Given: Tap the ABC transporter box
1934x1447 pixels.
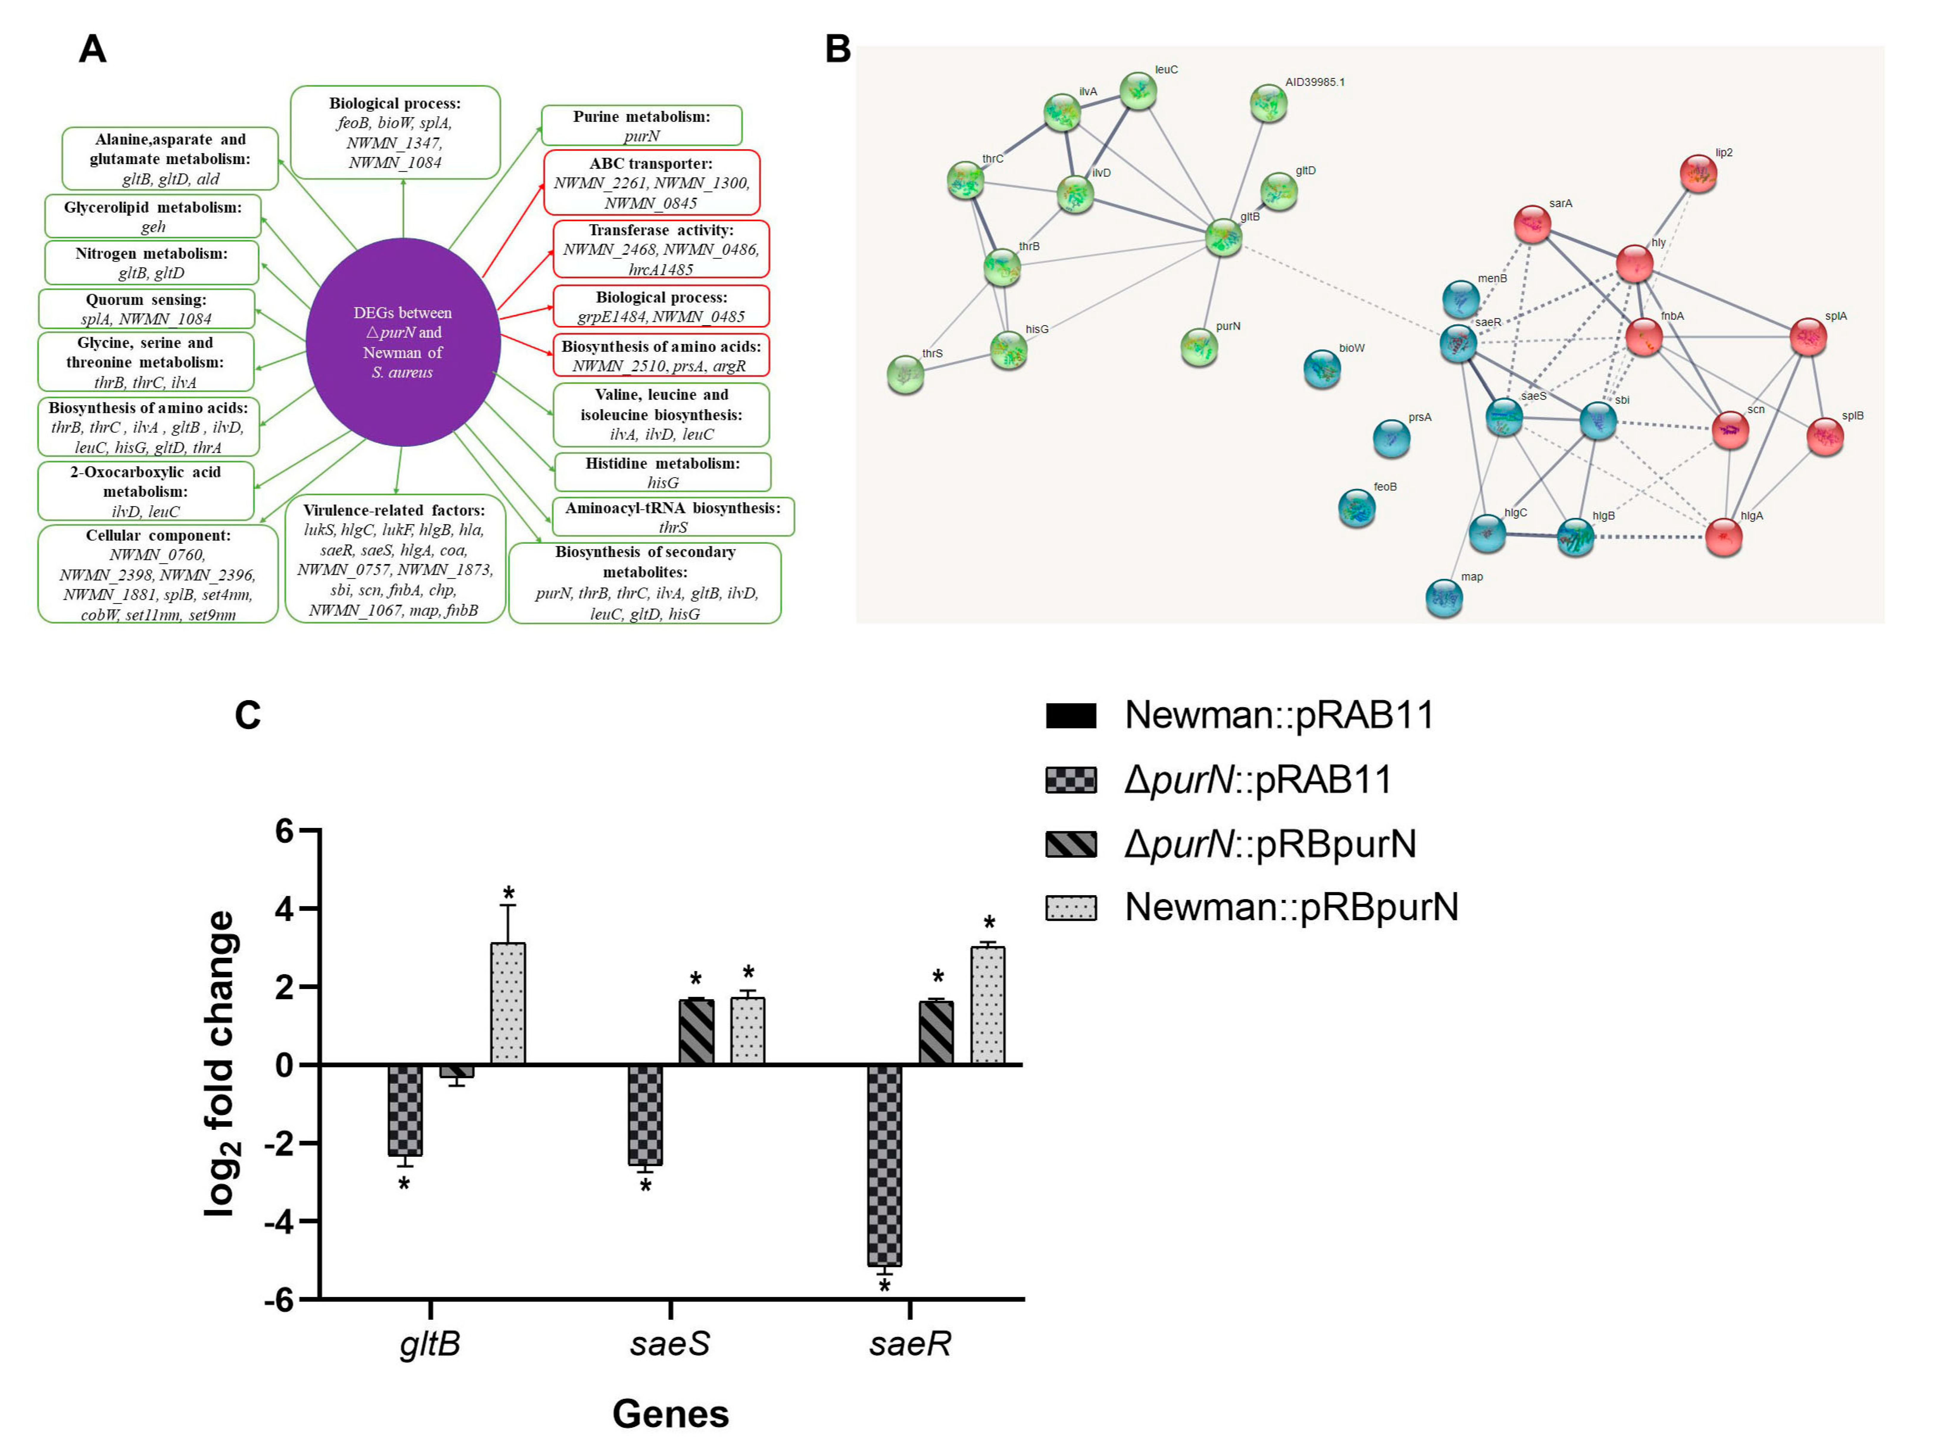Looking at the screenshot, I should pyautogui.click(x=652, y=183).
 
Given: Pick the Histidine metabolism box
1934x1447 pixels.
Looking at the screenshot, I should pyautogui.click(x=662, y=472).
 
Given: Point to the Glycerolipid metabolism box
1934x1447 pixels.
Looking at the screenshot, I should pyautogui.click(x=153, y=216).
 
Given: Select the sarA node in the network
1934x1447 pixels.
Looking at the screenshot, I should pyautogui.click(x=1532, y=224).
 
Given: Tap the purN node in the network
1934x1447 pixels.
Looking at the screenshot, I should pyautogui.click(x=1199, y=346).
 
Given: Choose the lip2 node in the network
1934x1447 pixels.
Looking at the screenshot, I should pyautogui.click(x=1698, y=173).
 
